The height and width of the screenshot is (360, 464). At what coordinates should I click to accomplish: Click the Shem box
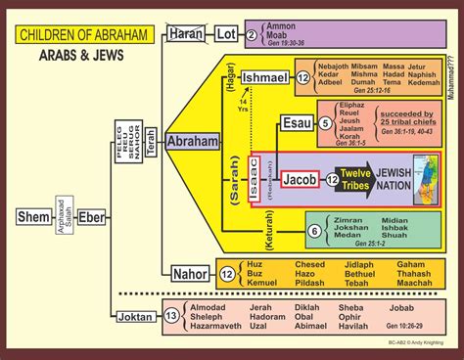(x=33, y=215)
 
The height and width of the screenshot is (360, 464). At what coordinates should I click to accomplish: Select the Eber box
(x=91, y=215)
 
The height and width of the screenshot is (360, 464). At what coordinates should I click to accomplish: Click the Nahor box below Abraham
(x=189, y=274)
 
